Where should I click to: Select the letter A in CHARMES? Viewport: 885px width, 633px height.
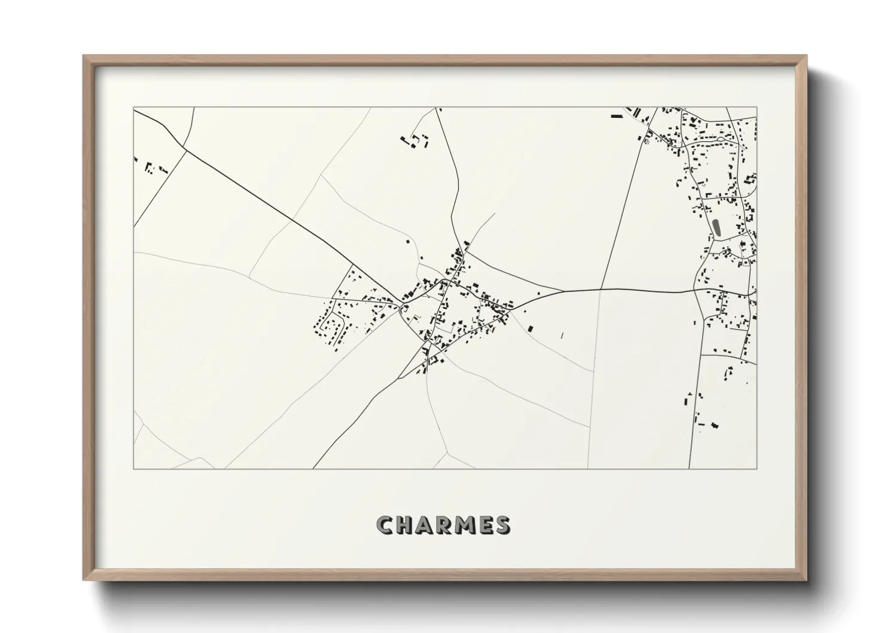click(426, 526)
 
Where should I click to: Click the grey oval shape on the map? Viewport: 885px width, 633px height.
click(716, 227)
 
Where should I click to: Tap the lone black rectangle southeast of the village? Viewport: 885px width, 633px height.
click(530, 328)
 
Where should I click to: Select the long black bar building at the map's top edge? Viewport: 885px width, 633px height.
click(617, 116)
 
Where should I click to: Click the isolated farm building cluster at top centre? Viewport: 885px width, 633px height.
click(415, 141)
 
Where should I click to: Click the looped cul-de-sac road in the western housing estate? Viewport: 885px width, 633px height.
click(330, 328)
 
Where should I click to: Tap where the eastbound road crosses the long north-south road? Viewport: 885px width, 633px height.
click(601, 290)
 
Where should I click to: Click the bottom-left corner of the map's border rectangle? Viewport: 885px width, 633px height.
click(134, 468)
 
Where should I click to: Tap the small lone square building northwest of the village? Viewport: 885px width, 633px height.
click(408, 242)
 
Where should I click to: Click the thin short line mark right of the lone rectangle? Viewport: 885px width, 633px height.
click(562, 336)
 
